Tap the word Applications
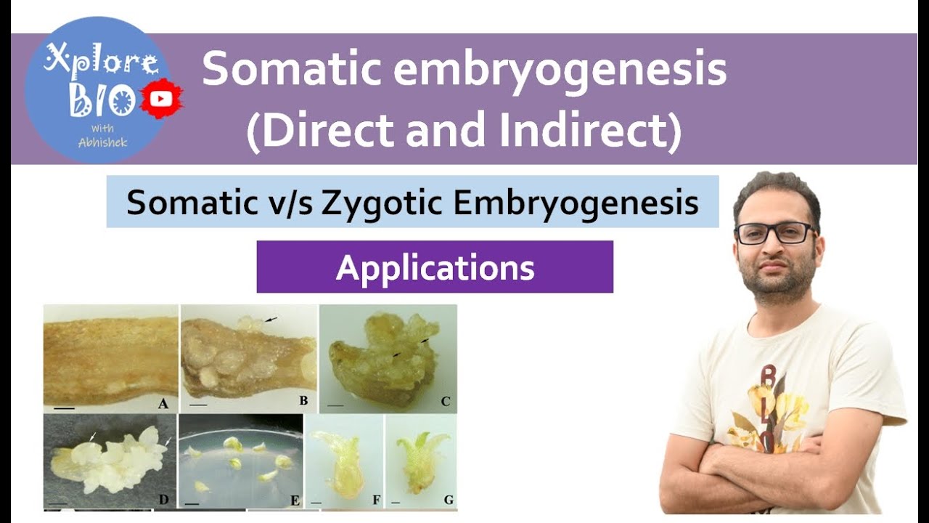point(435,268)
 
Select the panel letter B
point(303,400)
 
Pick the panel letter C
point(445,401)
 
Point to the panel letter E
point(293,499)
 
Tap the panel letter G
point(448,500)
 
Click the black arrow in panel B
point(270,319)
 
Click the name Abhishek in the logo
point(102,142)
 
